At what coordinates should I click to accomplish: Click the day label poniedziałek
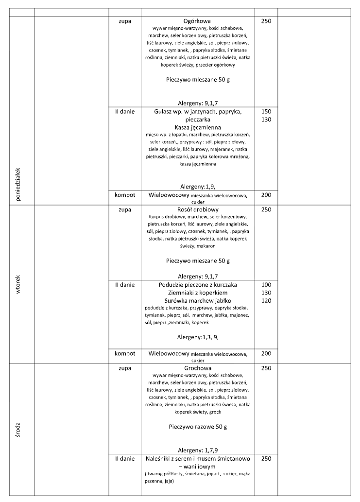(18, 185)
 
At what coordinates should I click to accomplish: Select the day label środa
(18, 431)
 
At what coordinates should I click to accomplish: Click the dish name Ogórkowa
(197, 21)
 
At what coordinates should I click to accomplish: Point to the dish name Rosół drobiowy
(197, 210)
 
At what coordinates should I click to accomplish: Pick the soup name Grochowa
(197, 368)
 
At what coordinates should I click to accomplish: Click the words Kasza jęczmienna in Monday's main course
(197, 127)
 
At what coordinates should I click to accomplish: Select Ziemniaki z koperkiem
(197, 293)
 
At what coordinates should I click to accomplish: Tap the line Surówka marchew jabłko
(197, 301)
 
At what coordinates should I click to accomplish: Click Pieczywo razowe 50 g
(197, 427)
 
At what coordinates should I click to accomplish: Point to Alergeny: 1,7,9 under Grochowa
(197, 450)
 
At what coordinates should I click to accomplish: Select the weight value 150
(266, 111)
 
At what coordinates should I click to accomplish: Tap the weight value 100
(266, 284)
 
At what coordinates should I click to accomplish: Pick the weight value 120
(266, 301)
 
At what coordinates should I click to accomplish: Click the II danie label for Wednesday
(124, 458)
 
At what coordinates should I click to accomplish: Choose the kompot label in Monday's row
(124, 195)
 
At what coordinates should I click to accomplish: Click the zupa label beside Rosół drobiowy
(124, 210)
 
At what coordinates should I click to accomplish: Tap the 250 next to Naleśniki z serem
(266, 458)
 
